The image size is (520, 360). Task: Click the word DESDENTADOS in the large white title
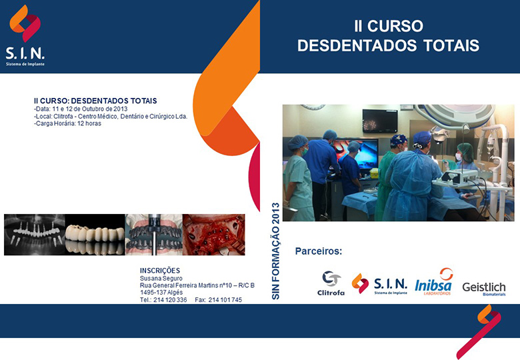tap(357, 45)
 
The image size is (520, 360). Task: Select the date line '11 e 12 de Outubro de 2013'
tap(90, 109)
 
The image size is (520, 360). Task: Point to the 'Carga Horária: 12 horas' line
tap(67, 123)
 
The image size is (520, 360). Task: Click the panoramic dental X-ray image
tap(35, 235)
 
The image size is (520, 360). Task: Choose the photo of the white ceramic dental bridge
tap(95, 235)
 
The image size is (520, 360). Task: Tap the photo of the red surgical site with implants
tap(214, 235)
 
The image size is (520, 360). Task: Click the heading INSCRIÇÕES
tap(160, 271)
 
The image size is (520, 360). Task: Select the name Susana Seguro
tap(161, 279)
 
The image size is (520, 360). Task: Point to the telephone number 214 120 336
tap(170, 300)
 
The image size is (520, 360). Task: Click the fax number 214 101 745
tap(225, 300)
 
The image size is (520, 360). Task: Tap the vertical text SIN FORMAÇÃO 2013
tap(275, 251)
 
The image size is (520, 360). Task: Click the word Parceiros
tap(319, 251)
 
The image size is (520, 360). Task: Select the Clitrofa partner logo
tap(331, 283)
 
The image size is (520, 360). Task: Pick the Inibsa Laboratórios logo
tap(434, 282)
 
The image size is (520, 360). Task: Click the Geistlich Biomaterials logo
tap(484, 289)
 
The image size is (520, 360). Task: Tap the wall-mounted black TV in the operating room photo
tap(380, 121)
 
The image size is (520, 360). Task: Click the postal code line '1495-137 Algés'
tap(161, 293)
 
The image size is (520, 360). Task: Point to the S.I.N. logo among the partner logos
tap(379, 284)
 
